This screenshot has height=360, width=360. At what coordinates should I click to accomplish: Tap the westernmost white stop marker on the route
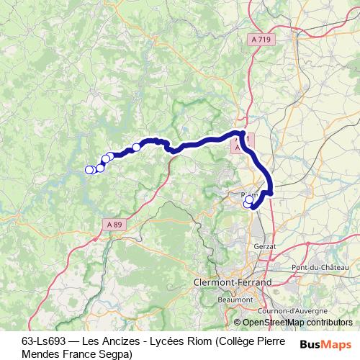(89, 170)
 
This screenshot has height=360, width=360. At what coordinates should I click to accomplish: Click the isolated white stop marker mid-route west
(136, 148)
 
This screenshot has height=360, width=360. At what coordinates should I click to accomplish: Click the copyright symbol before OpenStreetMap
(238, 323)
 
